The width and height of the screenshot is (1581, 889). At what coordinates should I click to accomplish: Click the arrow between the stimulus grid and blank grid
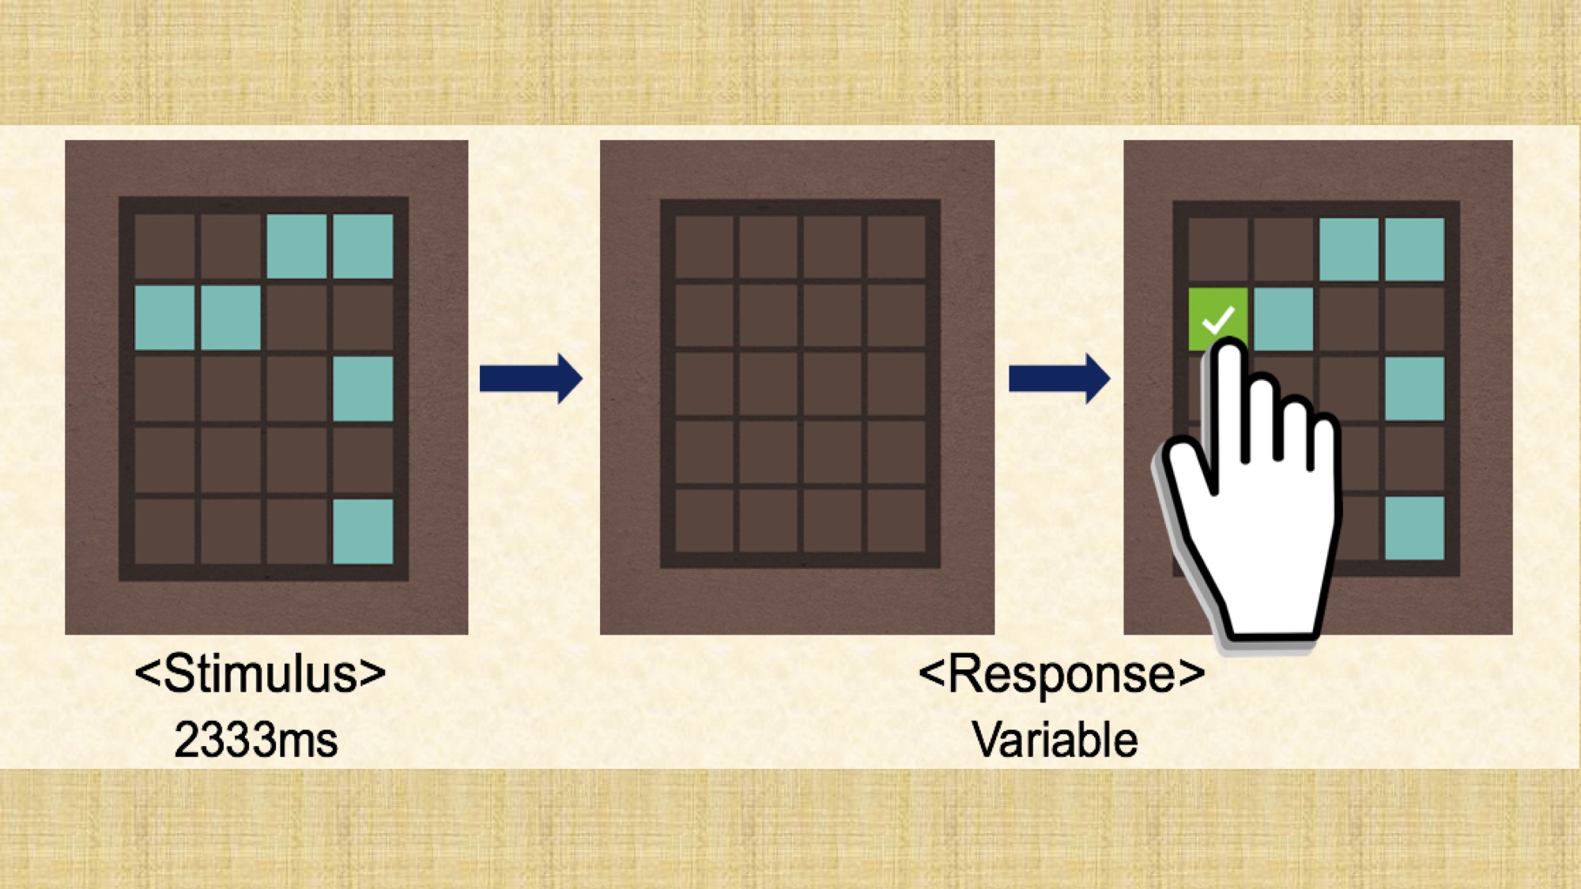[530, 379]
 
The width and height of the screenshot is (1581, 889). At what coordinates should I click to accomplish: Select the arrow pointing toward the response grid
[1058, 379]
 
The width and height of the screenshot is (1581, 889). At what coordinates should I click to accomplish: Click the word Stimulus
[260, 674]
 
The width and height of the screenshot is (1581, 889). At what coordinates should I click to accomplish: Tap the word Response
[1061, 674]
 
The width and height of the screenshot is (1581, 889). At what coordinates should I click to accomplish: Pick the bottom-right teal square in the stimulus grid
[363, 531]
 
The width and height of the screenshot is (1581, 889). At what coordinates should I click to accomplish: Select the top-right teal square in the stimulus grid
[363, 246]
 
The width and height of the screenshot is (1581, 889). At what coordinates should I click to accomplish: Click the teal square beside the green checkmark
[1283, 318]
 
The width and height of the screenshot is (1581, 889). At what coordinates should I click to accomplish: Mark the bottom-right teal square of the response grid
[1414, 528]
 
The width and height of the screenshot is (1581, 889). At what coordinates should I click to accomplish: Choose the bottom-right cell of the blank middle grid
[896, 521]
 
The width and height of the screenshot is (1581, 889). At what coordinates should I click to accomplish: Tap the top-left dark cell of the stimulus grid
[164, 246]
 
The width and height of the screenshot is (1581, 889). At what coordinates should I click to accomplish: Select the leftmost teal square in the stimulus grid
[164, 318]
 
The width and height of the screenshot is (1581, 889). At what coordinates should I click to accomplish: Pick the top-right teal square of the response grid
[1414, 249]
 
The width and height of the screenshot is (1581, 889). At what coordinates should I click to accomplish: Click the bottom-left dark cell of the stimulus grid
[164, 531]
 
